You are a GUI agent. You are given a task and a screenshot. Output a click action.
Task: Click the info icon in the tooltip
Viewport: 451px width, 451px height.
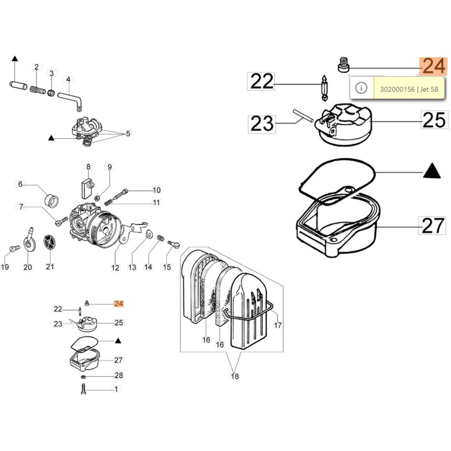coord(361,88)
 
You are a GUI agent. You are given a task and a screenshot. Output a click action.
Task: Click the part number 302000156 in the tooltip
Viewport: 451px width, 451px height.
coord(397,89)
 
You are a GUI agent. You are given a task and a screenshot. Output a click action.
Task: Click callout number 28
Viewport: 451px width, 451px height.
coord(119,375)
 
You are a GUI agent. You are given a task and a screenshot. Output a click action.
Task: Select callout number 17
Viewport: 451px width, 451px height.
coord(278,325)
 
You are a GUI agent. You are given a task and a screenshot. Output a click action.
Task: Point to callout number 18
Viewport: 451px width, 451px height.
coord(235,376)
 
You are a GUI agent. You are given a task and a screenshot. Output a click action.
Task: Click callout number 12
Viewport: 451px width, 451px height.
coord(115,267)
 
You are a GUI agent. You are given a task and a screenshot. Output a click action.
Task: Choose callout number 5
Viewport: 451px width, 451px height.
coord(128,133)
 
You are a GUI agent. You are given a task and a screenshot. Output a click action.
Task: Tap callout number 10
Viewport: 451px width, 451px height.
coord(156,190)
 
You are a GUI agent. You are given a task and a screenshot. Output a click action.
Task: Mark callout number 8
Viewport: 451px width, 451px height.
coord(88,167)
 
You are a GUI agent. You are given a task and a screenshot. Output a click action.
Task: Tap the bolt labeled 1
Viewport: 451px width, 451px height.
coord(83,390)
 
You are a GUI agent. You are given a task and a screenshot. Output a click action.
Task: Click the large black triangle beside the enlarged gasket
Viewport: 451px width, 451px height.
coord(432,171)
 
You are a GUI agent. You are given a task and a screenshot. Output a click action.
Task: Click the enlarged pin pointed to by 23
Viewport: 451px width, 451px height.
coord(303,116)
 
